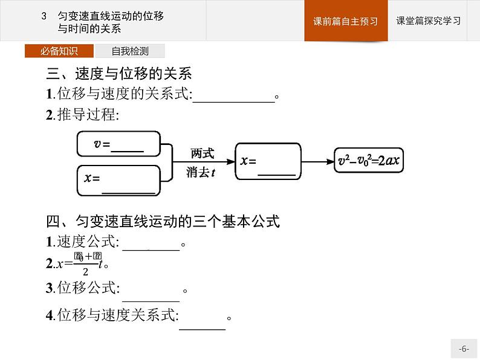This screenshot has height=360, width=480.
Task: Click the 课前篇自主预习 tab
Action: pyautogui.click(x=346, y=21)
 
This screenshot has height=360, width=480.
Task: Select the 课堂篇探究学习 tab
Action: pyautogui.click(x=428, y=21)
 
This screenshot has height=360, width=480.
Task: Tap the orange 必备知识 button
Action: pyautogui.click(x=59, y=51)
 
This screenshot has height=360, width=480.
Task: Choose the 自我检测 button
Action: pyautogui.click(x=130, y=51)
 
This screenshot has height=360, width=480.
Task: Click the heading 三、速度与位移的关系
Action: pyautogui.click(x=119, y=74)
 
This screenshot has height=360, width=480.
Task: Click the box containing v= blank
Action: pyautogui.click(x=118, y=144)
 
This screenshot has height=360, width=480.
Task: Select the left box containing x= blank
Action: pyautogui.click(x=118, y=180)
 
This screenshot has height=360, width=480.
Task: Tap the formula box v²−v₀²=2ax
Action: pyautogui.click(x=371, y=161)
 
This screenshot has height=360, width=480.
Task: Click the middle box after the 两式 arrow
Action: pyautogui.click(x=268, y=161)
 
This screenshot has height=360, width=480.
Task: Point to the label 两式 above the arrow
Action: pyautogui.click(x=202, y=153)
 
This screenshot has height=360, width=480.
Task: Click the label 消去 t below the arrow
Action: pyautogui.click(x=202, y=172)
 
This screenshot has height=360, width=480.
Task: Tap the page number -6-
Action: pyautogui.click(x=464, y=349)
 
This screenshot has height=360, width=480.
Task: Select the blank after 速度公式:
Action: pyautogui.click(x=151, y=244)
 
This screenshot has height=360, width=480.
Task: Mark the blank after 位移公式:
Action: pyautogui.click(x=151, y=294)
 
